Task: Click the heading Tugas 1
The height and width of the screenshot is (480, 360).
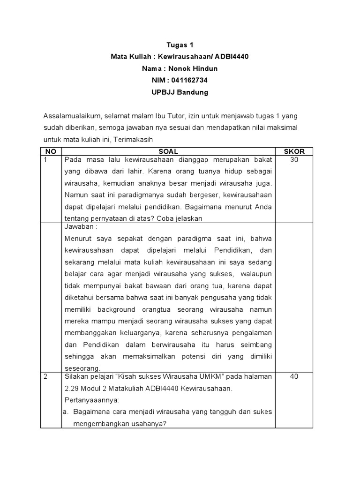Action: (180, 45)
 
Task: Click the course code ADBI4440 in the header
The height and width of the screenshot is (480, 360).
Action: (232, 57)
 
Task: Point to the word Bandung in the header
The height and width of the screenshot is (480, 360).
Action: (193, 92)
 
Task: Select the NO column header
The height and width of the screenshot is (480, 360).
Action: (51, 151)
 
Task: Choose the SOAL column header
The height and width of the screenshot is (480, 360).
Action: (168, 151)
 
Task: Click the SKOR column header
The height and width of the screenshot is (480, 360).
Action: (294, 151)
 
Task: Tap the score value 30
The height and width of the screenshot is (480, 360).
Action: (294, 160)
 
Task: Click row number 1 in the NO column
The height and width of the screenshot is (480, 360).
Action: (45, 160)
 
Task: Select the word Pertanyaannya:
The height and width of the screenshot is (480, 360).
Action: (92, 400)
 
